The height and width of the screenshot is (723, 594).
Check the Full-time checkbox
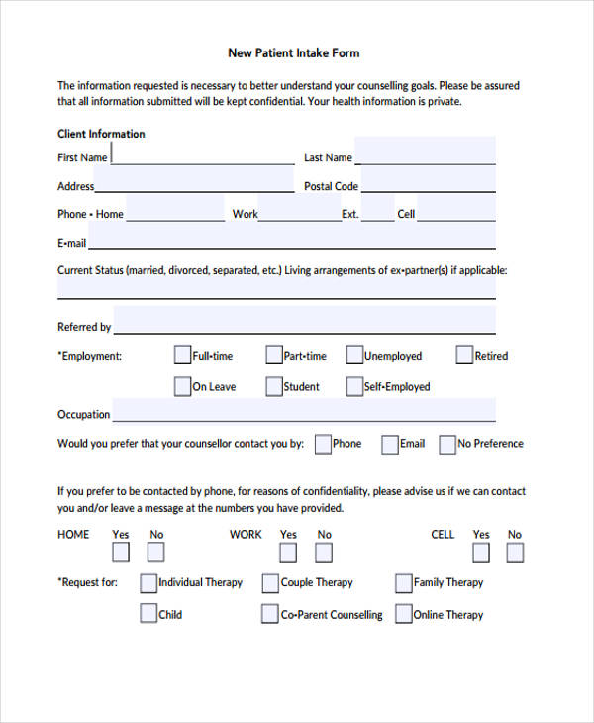click(x=182, y=355)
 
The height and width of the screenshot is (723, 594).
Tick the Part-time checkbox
click(x=273, y=355)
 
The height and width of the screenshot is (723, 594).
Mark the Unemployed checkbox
click(x=354, y=355)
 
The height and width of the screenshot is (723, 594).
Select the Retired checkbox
click(x=464, y=355)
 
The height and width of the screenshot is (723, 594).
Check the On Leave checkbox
click(x=182, y=386)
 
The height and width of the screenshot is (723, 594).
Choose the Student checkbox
click(x=273, y=386)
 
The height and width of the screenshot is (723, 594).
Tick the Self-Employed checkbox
click(x=354, y=386)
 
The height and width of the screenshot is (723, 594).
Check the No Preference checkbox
click(x=447, y=444)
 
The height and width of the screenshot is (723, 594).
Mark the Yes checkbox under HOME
click(x=121, y=553)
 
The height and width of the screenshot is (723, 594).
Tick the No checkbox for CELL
click(x=515, y=553)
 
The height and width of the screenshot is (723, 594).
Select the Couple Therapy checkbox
click(x=270, y=583)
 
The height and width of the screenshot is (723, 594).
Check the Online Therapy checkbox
click(x=403, y=614)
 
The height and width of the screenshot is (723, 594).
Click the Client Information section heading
click(x=101, y=134)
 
